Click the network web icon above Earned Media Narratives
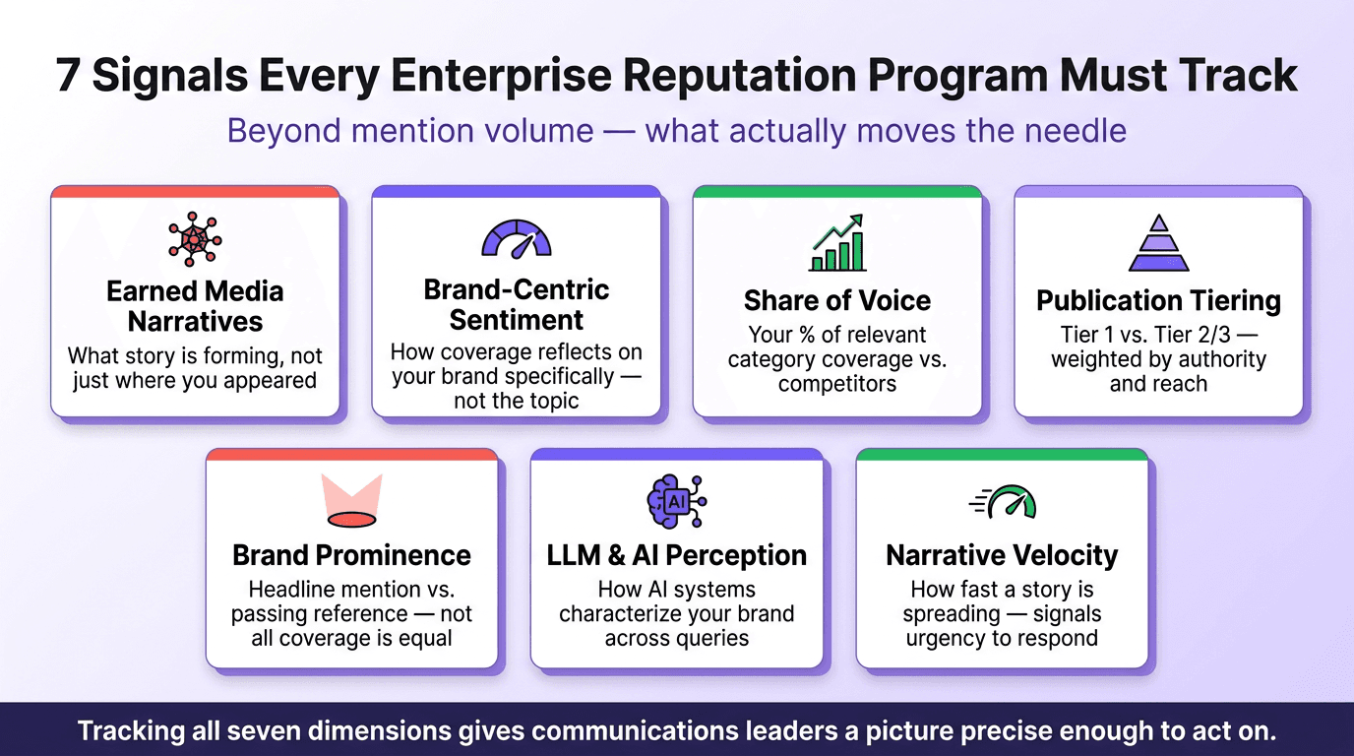(x=195, y=240)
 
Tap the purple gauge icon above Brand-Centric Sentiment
(x=516, y=239)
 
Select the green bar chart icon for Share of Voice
(x=836, y=243)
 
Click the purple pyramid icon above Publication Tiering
(x=1158, y=243)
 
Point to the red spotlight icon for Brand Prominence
(x=351, y=500)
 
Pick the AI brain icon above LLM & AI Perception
(x=676, y=500)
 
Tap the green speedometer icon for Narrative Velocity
(x=1004, y=502)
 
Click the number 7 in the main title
(x=68, y=77)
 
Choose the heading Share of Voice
(x=836, y=300)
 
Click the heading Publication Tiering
(x=1158, y=300)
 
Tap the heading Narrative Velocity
(x=1002, y=555)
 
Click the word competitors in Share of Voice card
(x=836, y=384)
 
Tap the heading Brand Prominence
(x=351, y=555)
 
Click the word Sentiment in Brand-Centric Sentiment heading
(x=516, y=320)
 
